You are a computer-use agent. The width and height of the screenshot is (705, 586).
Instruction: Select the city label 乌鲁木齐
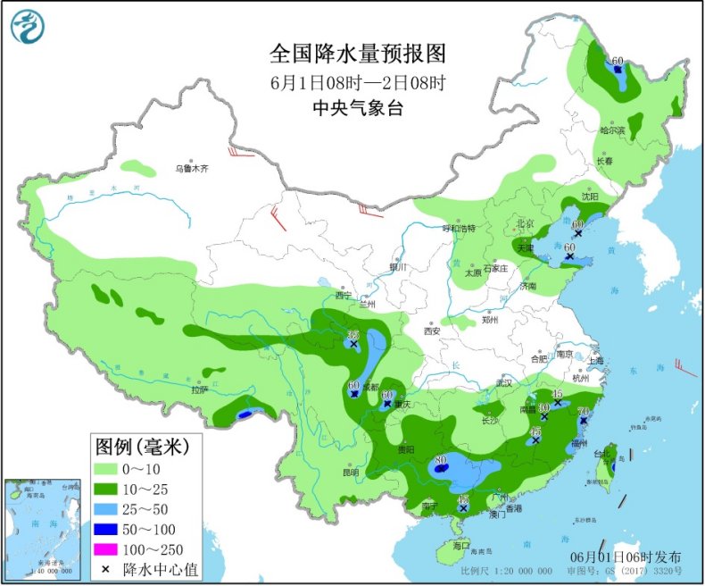pyautogui.click(x=191, y=168)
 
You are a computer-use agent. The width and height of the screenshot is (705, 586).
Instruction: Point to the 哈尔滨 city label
pyautogui.click(x=613, y=131)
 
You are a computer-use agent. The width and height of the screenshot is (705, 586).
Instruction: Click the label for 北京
pyautogui.click(x=524, y=224)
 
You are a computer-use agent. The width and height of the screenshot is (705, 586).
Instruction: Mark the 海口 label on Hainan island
pyautogui.click(x=460, y=544)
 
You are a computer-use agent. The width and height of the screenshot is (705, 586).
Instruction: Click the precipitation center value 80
pyautogui.click(x=440, y=460)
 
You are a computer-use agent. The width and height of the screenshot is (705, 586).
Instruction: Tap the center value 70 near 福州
pyautogui.click(x=585, y=412)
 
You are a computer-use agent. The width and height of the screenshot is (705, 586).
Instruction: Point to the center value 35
pyautogui.click(x=352, y=334)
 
